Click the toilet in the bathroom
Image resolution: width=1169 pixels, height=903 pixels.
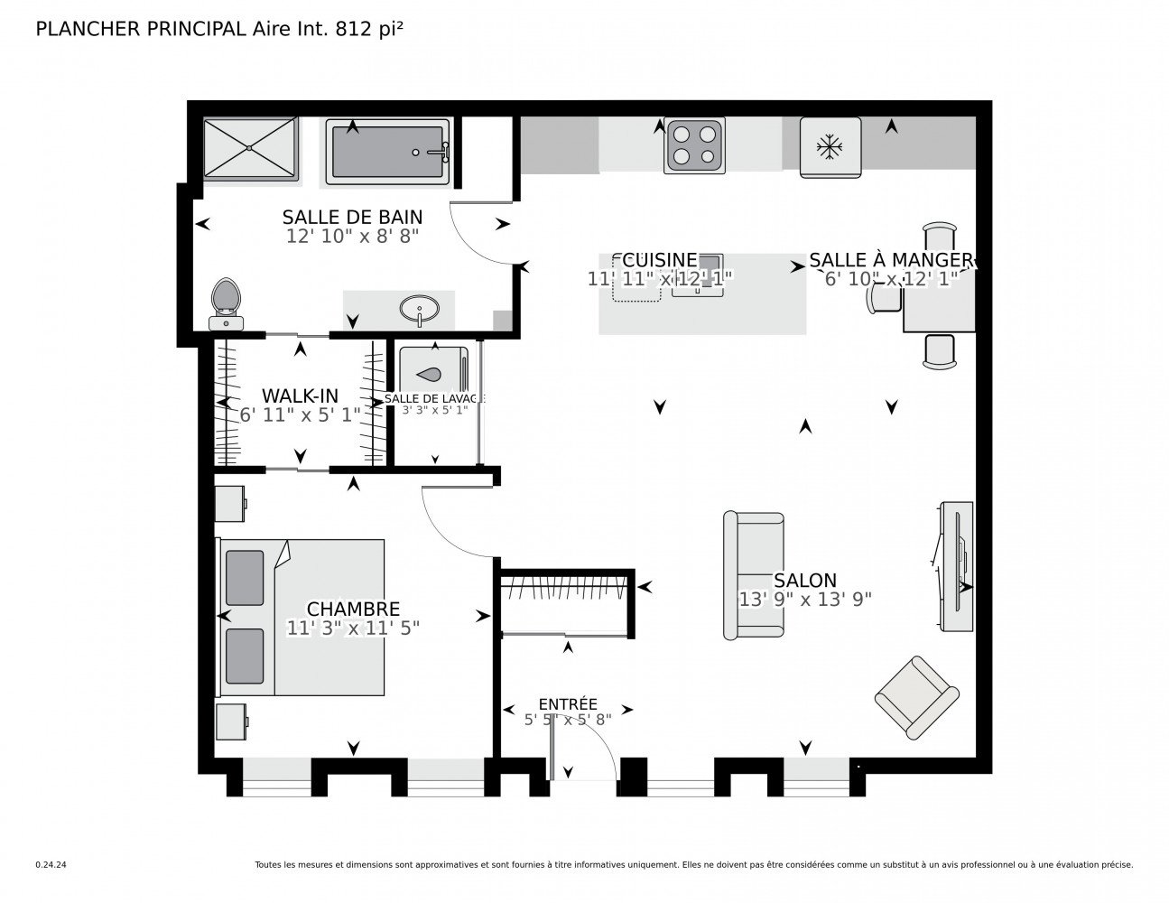click(226, 302)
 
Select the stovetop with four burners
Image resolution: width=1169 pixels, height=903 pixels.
click(693, 146)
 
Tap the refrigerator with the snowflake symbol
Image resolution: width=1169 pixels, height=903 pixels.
click(829, 147)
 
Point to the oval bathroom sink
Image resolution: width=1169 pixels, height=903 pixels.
click(420, 310)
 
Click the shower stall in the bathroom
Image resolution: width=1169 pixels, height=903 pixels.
click(249, 148)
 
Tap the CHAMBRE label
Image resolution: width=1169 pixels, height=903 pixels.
click(353, 610)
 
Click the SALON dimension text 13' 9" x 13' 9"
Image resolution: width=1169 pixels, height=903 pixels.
click(804, 599)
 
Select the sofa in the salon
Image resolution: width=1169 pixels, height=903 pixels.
click(753, 576)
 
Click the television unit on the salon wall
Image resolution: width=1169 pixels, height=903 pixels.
click(955, 567)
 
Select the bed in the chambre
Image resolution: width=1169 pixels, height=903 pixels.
click(301, 618)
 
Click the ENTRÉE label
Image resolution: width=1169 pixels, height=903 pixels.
click(568, 704)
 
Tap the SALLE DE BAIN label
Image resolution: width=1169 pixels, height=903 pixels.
click(352, 217)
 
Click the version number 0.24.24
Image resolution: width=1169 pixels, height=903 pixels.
click(51, 864)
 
